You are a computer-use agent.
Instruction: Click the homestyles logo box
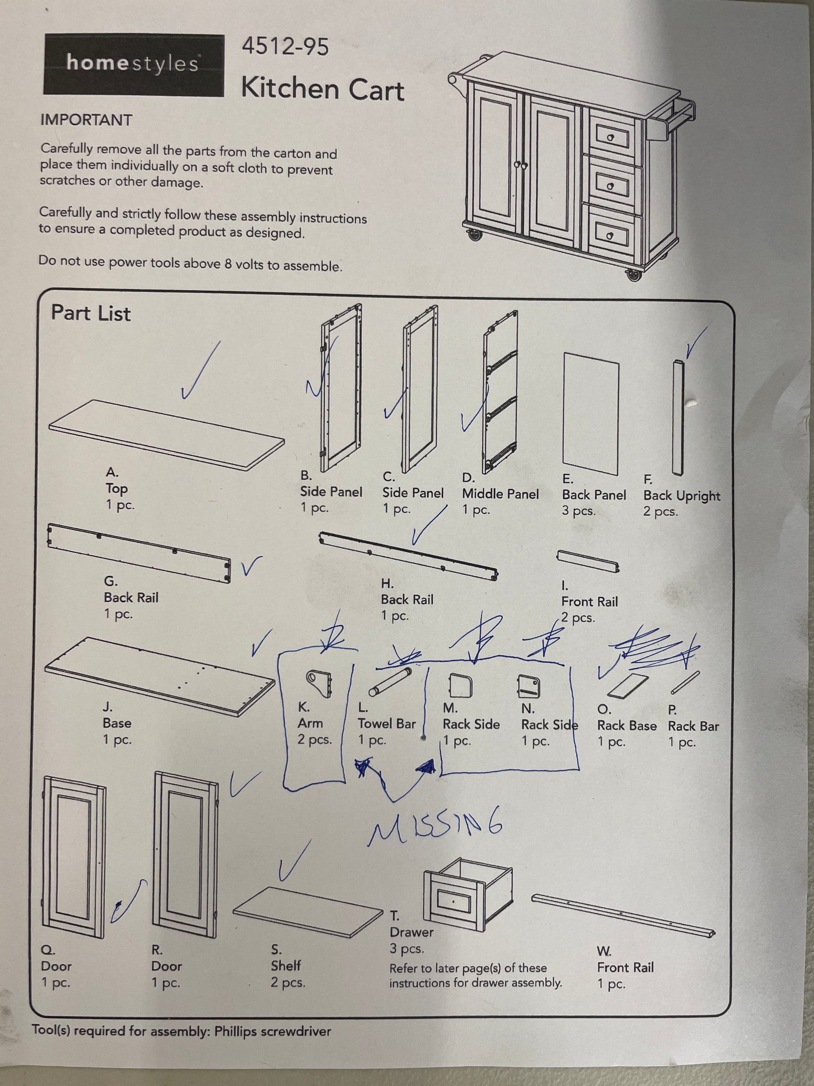pyautogui.click(x=133, y=64)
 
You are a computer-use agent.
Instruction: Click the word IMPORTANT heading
pyautogui.click(x=86, y=120)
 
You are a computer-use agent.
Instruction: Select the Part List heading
pyautogui.click(x=91, y=313)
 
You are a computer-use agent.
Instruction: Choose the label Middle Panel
pyautogui.click(x=500, y=494)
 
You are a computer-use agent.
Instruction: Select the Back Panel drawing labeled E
pyautogui.click(x=591, y=413)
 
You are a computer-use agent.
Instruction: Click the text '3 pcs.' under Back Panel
pyautogui.click(x=579, y=511)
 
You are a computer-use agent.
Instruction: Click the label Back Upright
pyautogui.click(x=681, y=496)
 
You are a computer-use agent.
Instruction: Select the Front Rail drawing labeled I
pyautogui.click(x=588, y=561)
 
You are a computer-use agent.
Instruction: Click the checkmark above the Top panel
pyautogui.click(x=200, y=371)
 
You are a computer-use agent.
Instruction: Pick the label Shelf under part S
pyautogui.click(x=286, y=966)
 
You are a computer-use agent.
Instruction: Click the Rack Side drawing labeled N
pyautogui.click(x=529, y=685)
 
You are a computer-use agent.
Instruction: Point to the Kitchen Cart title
pyautogui.click(x=323, y=90)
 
